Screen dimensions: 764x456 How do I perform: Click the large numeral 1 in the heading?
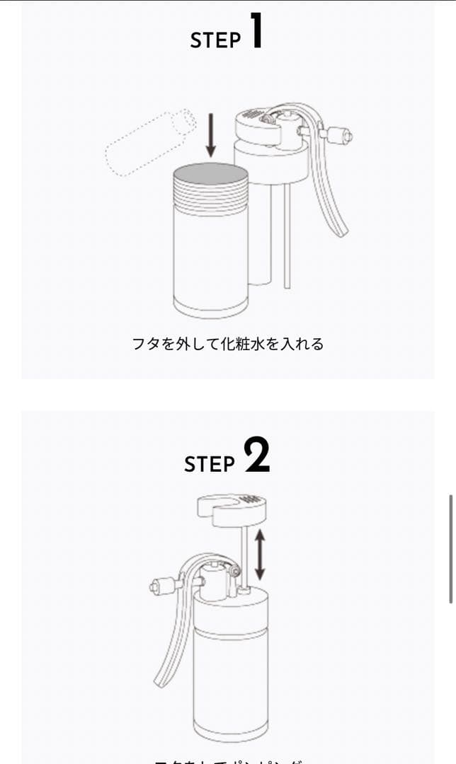[256, 32]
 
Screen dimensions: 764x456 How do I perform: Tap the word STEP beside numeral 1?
[215, 40]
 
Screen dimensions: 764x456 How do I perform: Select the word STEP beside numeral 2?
[210, 464]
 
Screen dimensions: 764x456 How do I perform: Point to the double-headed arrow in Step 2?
[260, 555]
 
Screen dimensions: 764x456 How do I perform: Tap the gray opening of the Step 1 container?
[211, 173]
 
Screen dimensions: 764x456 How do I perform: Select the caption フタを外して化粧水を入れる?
[227, 345]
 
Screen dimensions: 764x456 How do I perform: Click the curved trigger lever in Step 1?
[329, 191]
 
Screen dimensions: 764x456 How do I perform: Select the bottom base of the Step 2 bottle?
[229, 729]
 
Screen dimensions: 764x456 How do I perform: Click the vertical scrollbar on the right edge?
[451, 548]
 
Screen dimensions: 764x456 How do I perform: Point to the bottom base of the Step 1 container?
[211, 307]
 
